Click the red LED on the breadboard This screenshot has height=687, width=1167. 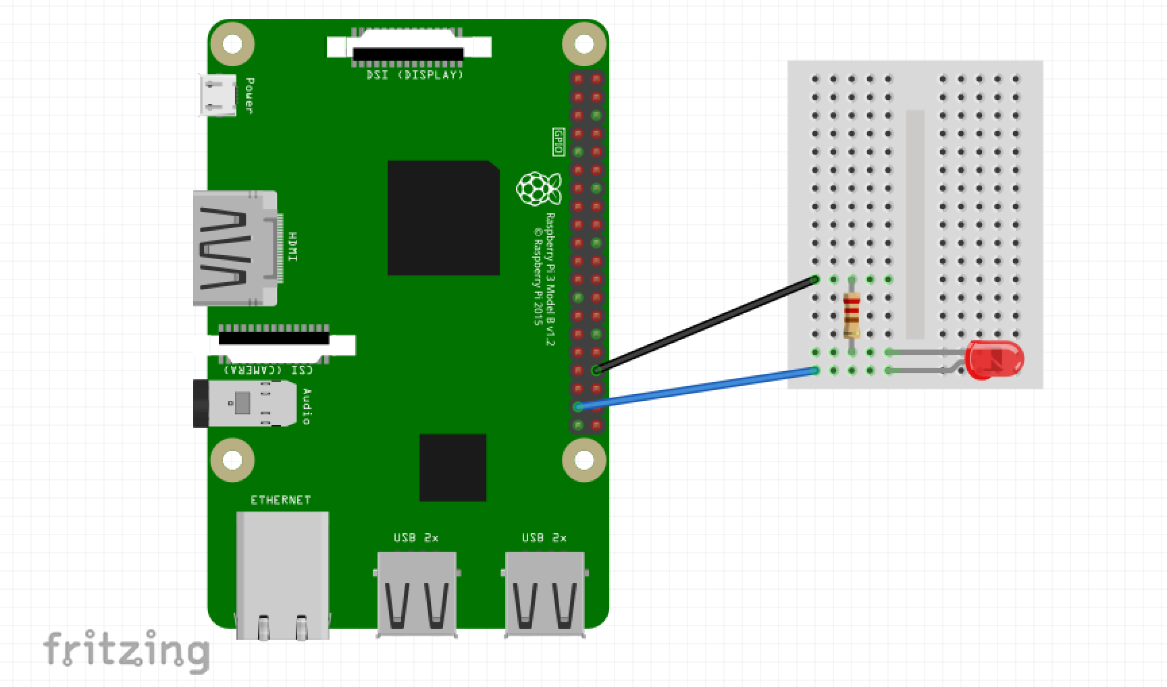994,360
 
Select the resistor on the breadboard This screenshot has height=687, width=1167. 852,315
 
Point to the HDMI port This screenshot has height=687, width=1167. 234,248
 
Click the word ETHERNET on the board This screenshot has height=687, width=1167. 281,500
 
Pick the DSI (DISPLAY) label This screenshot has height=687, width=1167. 415,75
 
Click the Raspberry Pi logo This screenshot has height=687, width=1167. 538,188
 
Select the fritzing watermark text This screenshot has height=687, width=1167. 126,650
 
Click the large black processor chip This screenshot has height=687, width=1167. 443,217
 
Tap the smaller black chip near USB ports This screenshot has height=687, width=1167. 452,467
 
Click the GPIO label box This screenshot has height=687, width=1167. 558,142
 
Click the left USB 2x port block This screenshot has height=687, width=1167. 416,593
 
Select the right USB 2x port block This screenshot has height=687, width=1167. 544,593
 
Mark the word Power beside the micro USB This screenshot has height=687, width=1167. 249,95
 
